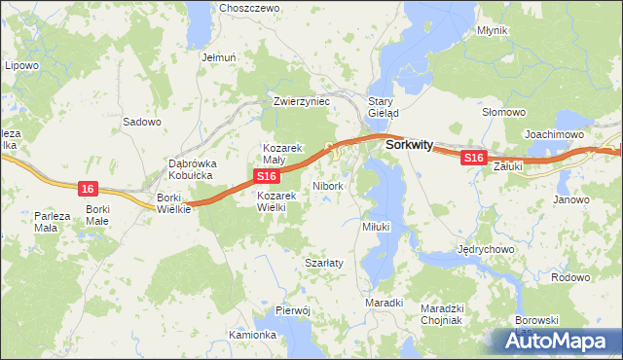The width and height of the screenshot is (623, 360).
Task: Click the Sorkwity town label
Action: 408,144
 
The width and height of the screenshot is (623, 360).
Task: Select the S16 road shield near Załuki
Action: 473,157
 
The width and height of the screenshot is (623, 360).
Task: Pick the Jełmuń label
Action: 219,57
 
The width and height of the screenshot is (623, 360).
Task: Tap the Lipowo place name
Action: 21,65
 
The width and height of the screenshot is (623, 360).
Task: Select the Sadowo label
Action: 141,123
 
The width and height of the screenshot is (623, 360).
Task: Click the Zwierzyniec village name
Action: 303,101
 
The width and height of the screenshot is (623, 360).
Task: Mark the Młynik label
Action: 493,30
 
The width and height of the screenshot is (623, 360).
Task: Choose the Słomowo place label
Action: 504,113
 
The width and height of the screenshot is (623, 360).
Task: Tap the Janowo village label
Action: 571,199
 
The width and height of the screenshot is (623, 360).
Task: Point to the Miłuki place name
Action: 376,226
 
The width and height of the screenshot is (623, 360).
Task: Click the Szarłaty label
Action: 322,263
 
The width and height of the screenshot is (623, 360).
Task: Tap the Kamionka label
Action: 252,335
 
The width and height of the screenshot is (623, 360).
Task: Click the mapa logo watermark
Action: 558,342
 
